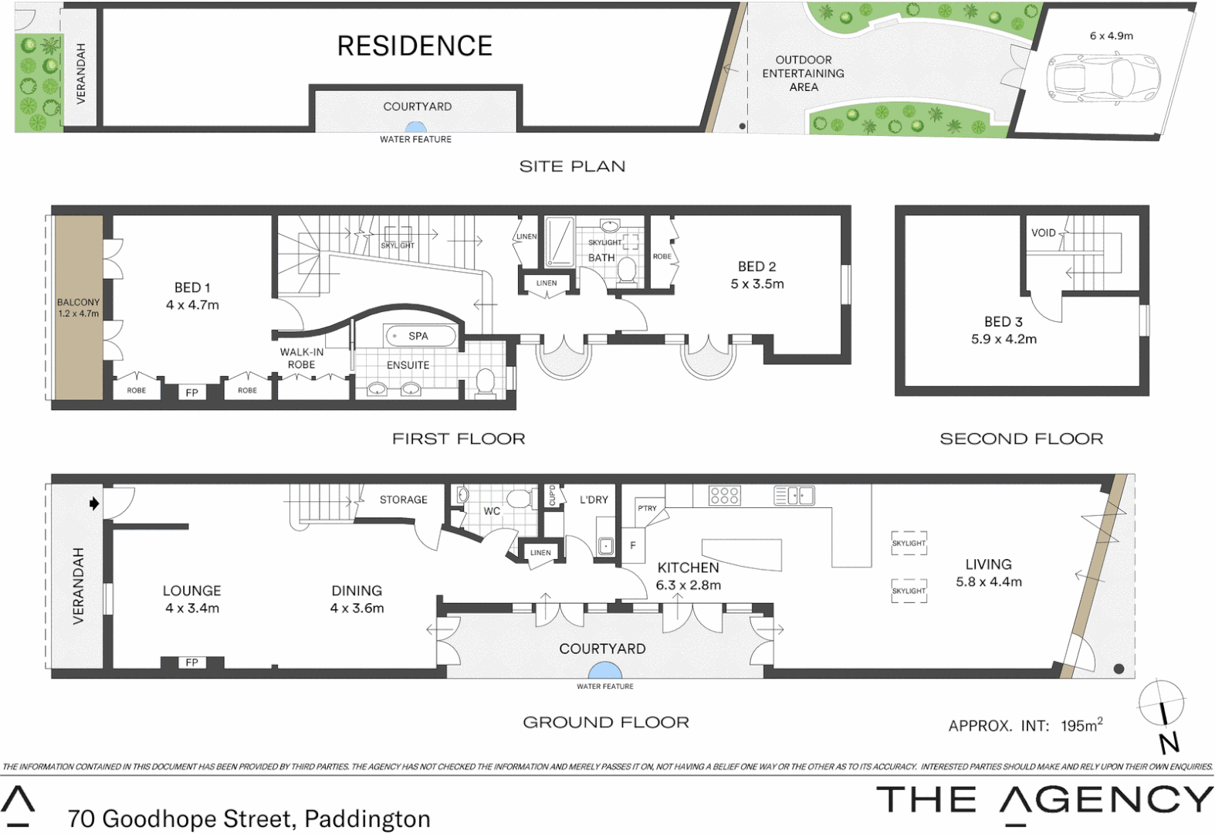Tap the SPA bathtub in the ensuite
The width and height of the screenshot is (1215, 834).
coord(420,336)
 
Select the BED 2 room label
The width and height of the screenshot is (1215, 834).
coord(756,266)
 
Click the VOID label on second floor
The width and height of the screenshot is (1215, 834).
coord(1043,232)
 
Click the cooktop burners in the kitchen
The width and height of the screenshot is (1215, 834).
coord(724,495)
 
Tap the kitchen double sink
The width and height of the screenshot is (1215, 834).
coord(794,495)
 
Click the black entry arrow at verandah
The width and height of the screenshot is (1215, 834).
coord(94,503)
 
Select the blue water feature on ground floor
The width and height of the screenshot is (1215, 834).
coord(603,671)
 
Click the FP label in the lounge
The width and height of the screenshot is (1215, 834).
coord(191,663)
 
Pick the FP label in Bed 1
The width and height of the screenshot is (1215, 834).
coord(191,392)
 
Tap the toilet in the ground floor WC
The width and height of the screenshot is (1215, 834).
coord(520,498)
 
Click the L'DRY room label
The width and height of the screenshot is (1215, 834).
coord(594,500)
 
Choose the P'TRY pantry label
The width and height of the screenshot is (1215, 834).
coord(647,508)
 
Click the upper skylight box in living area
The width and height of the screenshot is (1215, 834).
coord(909,543)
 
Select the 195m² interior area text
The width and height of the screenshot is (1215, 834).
coord(1081,725)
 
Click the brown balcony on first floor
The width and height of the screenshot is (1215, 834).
coord(78,307)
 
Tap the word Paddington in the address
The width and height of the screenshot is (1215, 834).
coord(367,819)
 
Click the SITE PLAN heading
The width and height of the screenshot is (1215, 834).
coord(572,166)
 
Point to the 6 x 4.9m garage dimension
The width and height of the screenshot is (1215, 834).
coord(1111,36)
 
